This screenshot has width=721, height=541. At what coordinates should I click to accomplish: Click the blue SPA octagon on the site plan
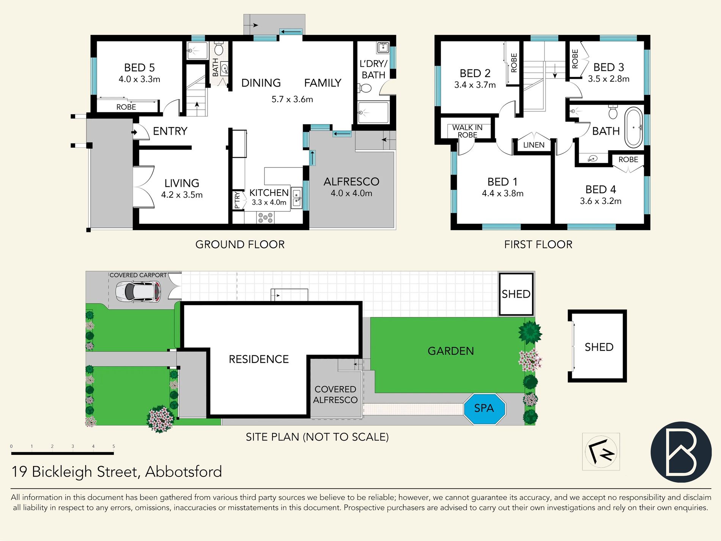[x=484, y=409]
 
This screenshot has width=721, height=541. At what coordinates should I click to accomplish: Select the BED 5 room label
[x=139, y=68]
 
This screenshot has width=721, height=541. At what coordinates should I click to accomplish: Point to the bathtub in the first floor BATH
[x=633, y=128]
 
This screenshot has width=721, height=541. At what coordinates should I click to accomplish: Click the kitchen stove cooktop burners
[x=265, y=218]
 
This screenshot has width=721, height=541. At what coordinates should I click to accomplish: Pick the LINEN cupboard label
[x=534, y=145]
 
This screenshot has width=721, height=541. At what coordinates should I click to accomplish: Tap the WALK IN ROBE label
[x=468, y=131]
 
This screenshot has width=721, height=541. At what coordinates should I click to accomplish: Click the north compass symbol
[x=601, y=452]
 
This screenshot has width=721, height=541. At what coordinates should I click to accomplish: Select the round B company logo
[x=681, y=452]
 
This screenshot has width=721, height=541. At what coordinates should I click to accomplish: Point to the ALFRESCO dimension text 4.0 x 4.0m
[x=351, y=193]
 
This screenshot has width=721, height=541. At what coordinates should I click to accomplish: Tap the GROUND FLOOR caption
[x=240, y=244]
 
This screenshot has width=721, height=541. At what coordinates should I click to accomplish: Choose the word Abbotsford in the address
[x=184, y=472]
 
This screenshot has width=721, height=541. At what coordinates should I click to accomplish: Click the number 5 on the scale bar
[x=113, y=446]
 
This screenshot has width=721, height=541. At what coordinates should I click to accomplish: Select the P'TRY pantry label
[x=238, y=200]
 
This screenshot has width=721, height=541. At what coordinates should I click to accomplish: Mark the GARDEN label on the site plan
[x=451, y=351]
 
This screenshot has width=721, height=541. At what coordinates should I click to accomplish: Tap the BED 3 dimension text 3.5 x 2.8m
[x=609, y=79]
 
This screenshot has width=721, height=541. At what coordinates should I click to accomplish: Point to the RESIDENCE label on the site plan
[x=259, y=359]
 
